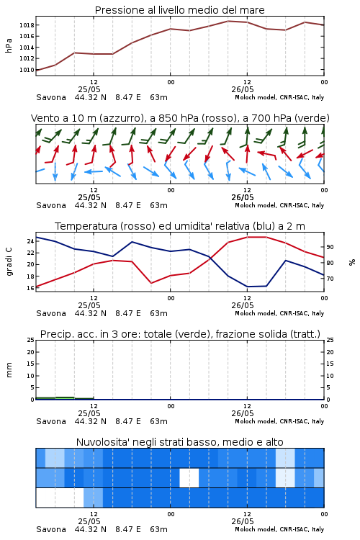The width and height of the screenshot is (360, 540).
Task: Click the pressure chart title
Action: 179,10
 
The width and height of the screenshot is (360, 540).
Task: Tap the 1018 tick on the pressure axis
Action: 27,25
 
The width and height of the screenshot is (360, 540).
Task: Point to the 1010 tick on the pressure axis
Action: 27,70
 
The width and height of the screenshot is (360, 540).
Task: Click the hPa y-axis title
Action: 9,45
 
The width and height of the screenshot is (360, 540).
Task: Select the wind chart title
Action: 180,118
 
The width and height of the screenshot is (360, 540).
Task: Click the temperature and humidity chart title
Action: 180,226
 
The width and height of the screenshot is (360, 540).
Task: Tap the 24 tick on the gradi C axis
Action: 30,241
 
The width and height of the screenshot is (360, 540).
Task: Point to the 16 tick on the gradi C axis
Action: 30,288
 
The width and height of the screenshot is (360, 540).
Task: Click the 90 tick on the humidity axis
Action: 330,247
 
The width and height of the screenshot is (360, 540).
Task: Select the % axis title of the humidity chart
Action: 352,262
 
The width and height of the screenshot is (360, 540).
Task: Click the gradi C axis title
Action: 9,262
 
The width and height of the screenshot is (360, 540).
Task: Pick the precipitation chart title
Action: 180,334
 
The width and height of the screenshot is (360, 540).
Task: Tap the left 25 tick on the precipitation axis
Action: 30,340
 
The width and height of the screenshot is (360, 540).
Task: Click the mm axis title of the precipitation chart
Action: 9,370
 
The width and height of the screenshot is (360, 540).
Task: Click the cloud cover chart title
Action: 179,442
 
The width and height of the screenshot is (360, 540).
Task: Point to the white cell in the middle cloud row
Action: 189,477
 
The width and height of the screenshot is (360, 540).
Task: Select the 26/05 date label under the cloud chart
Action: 243,521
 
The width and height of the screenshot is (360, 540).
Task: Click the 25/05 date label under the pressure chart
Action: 89,89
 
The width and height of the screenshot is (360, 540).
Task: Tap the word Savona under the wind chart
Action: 51,205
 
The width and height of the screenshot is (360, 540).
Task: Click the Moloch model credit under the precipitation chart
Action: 279,421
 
